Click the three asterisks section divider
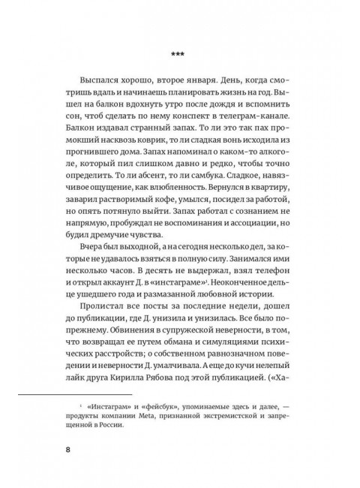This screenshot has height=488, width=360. click(179, 54)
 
